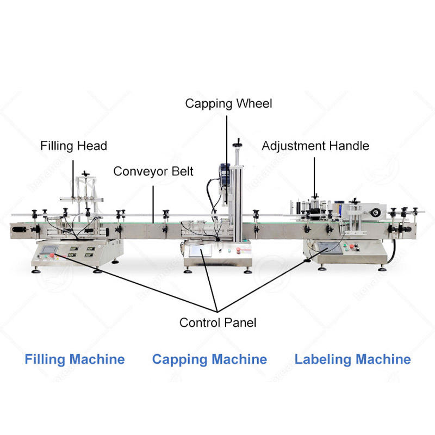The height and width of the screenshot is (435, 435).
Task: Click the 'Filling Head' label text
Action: click(x=73, y=146)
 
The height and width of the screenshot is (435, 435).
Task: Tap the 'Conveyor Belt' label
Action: click(x=153, y=172)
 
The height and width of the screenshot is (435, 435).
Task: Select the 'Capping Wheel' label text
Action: click(x=228, y=103)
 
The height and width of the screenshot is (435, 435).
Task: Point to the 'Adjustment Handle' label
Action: click(x=315, y=146)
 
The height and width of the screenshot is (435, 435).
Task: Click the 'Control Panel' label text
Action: click(x=217, y=322)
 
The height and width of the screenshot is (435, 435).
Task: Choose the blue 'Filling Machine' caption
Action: click(x=74, y=359)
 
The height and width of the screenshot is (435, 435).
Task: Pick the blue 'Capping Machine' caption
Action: click(x=209, y=359)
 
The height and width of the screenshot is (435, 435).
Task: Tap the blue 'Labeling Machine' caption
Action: click(x=352, y=359)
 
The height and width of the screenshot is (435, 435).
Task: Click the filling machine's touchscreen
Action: click(x=47, y=251)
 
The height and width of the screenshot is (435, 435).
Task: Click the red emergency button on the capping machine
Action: click(x=238, y=252)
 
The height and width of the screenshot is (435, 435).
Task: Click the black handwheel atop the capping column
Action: click(x=237, y=145)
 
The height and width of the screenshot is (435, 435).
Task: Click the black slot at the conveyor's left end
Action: click(x=20, y=231)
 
